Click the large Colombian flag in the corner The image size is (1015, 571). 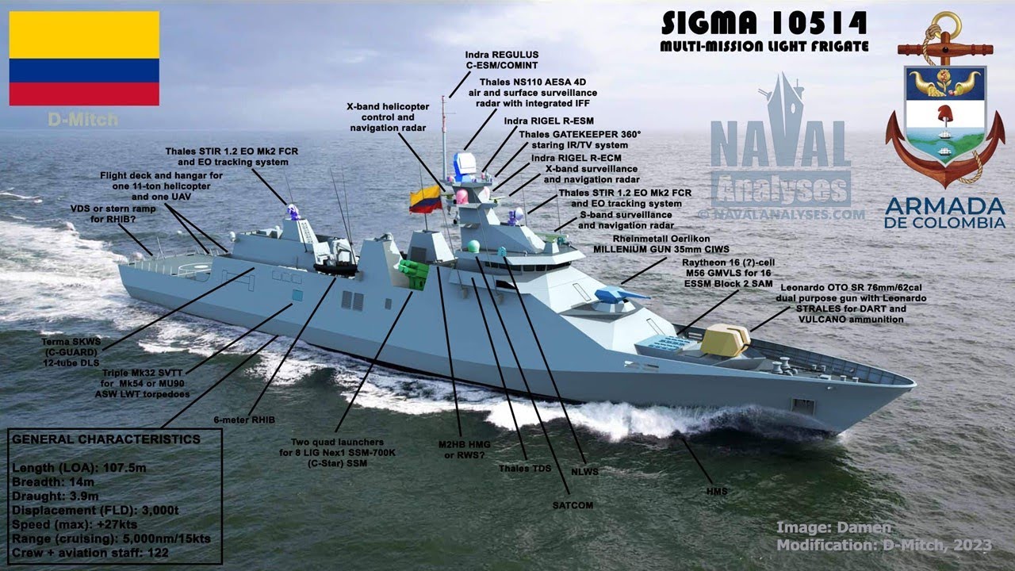(x=84, y=59)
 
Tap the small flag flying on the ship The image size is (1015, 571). (x=426, y=199)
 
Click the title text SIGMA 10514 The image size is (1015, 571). (x=764, y=24)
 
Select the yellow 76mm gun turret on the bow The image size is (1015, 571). (x=725, y=340)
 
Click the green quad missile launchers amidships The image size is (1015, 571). (x=414, y=274)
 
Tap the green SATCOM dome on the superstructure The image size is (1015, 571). (x=473, y=246)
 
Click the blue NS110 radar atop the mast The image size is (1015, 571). (x=465, y=163)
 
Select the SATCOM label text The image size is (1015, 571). (x=573, y=505)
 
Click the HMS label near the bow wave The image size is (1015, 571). (x=717, y=491)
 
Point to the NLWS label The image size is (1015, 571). (x=584, y=472)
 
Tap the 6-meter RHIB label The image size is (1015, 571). (x=244, y=420)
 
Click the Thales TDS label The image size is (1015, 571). (x=525, y=468)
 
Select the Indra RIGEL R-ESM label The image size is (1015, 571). (x=549, y=121)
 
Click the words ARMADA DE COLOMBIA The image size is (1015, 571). (x=944, y=213)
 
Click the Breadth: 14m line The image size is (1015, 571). (x=53, y=482)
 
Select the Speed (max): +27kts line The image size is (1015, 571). (x=75, y=525)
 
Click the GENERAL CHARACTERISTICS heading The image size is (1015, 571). (x=106, y=439)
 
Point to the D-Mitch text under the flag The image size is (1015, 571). (x=83, y=120)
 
